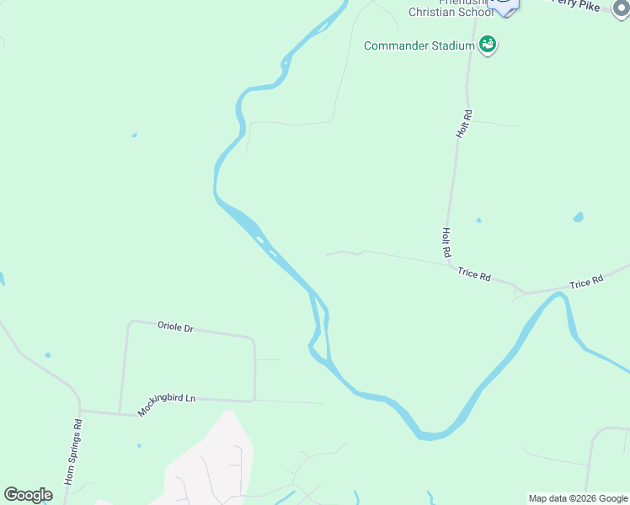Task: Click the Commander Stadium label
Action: click(419, 45)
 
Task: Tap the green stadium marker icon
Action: click(487, 44)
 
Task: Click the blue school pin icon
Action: click(504, 5)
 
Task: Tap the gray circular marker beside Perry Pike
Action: click(622, 10)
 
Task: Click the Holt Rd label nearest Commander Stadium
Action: click(462, 124)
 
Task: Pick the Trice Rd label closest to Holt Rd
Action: click(474, 274)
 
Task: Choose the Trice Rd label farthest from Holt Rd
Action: click(586, 283)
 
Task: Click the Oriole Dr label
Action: click(175, 327)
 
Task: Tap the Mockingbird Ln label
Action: click(167, 402)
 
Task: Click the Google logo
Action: click(28, 495)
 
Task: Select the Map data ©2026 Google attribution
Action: click(578, 498)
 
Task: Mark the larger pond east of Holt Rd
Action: click(578, 217)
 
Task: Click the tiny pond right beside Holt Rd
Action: click(478, 221)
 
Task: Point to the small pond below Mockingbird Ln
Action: click(138, 445)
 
